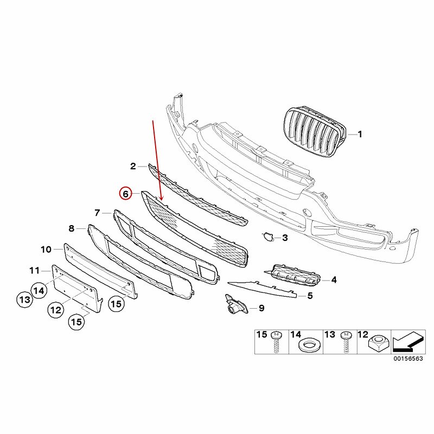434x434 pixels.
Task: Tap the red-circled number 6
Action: [x=125, y=194]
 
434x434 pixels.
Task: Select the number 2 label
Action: [x=132, y=166]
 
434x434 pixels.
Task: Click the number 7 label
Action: [x=98, y=213]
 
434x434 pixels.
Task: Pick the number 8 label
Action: [x=72, y=228]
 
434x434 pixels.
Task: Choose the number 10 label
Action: [x=46, y=250]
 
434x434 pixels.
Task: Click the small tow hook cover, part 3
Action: [x=267, y=236]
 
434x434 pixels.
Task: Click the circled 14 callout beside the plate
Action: [x=39, y=290]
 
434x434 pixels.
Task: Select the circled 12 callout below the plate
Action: [x=55, y=310]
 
